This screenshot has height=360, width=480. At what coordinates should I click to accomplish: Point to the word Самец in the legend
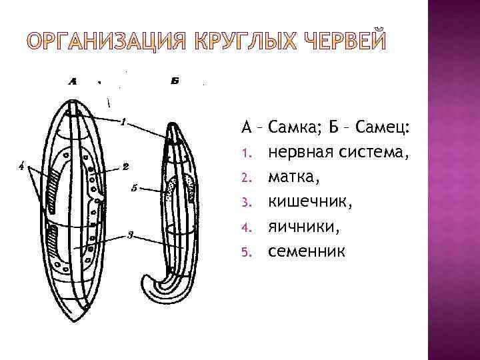point(383,127)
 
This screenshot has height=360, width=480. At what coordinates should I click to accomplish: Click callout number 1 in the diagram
point(124,121)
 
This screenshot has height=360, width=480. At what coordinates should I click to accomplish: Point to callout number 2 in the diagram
point(125,166)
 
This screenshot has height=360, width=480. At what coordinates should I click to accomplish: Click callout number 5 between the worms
point(134,187)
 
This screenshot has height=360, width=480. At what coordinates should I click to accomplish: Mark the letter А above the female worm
point(71,82)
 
